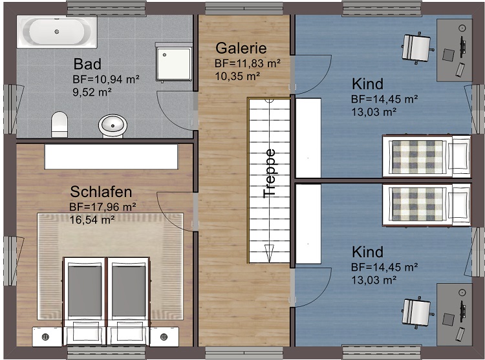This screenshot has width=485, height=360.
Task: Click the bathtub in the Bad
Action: (57, 32)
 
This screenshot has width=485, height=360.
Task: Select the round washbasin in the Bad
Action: (113, 125)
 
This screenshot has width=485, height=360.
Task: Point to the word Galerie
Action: (241, 48)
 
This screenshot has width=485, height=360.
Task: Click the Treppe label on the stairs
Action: (270, 173)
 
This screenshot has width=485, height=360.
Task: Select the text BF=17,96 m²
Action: (102, 207)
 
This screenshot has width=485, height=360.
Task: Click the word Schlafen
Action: (101, 192)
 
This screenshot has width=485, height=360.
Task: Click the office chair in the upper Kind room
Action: (416, 47)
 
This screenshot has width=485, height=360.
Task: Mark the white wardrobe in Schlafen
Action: (111, 156)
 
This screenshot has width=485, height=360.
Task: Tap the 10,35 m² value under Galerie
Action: (237, 76)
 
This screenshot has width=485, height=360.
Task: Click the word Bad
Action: (87, 64)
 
